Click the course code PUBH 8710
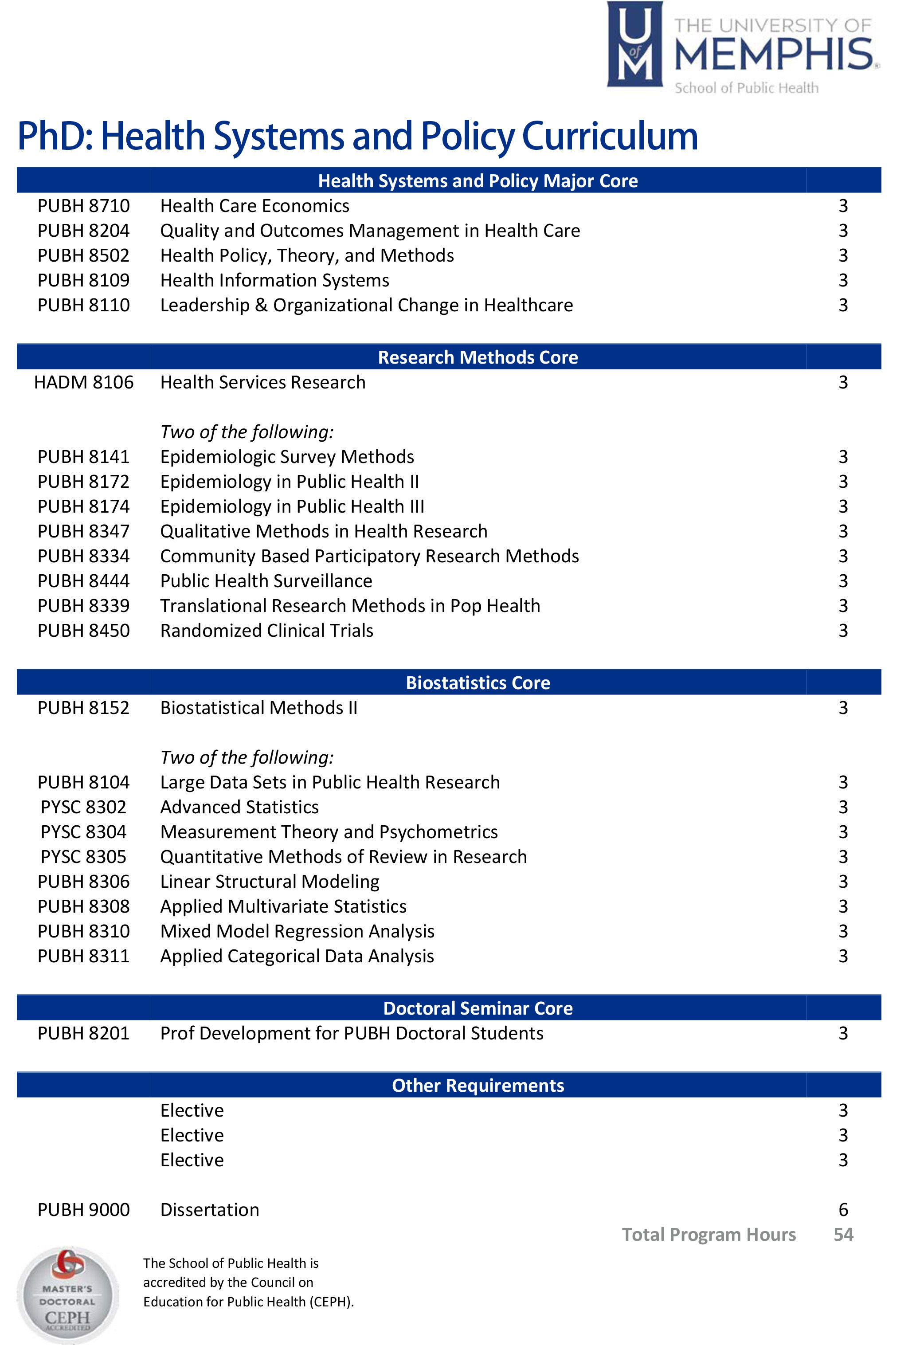pos(83,206)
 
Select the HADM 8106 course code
pos(83,383)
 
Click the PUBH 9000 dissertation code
pos(83,1210)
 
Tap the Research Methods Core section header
pos(478,357)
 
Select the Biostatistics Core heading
pos(478,683)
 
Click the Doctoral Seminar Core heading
pos(478,1008)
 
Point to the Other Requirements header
pos(478,1085)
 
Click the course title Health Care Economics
pos(254,206)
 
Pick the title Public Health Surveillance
pos(266,581)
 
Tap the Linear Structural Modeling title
pos(270,882)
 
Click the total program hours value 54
pos(843,1235)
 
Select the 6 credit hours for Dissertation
pos(843,1210)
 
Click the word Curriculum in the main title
pos(610,137)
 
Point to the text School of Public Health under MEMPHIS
pos(746,88)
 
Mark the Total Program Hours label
pos(708,1235)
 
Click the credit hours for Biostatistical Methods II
pos(843,708)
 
